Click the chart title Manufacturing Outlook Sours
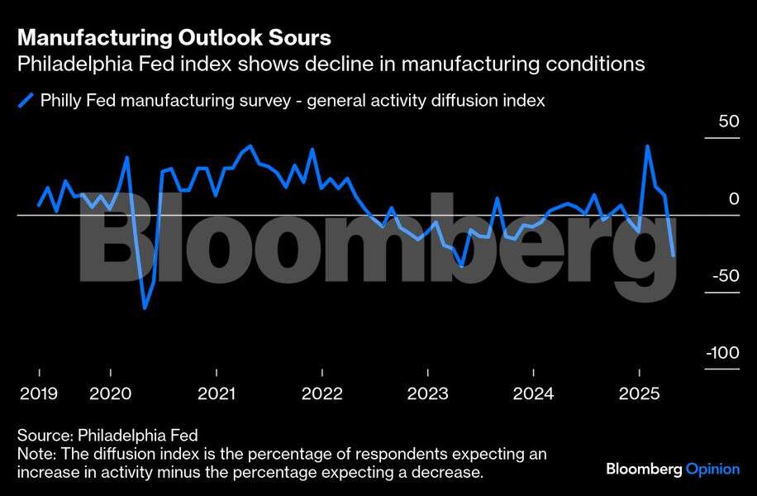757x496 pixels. coord(174,37)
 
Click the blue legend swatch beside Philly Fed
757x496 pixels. coord(26,101)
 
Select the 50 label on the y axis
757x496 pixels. coord(728,122)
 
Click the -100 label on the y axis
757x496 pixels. coord(722,353)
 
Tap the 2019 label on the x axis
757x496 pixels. coord(39,393)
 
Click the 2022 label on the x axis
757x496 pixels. coord(321,393)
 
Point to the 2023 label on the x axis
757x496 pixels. coord(427,393)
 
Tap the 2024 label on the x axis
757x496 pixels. coord(533,393)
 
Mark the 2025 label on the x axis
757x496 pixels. coord(639,393)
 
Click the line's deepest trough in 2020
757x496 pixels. coord(145,308)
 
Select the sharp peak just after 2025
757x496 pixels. coord(647,146)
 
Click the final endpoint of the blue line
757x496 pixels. coord(674,255)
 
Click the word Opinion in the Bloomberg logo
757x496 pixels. coord(712,469)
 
